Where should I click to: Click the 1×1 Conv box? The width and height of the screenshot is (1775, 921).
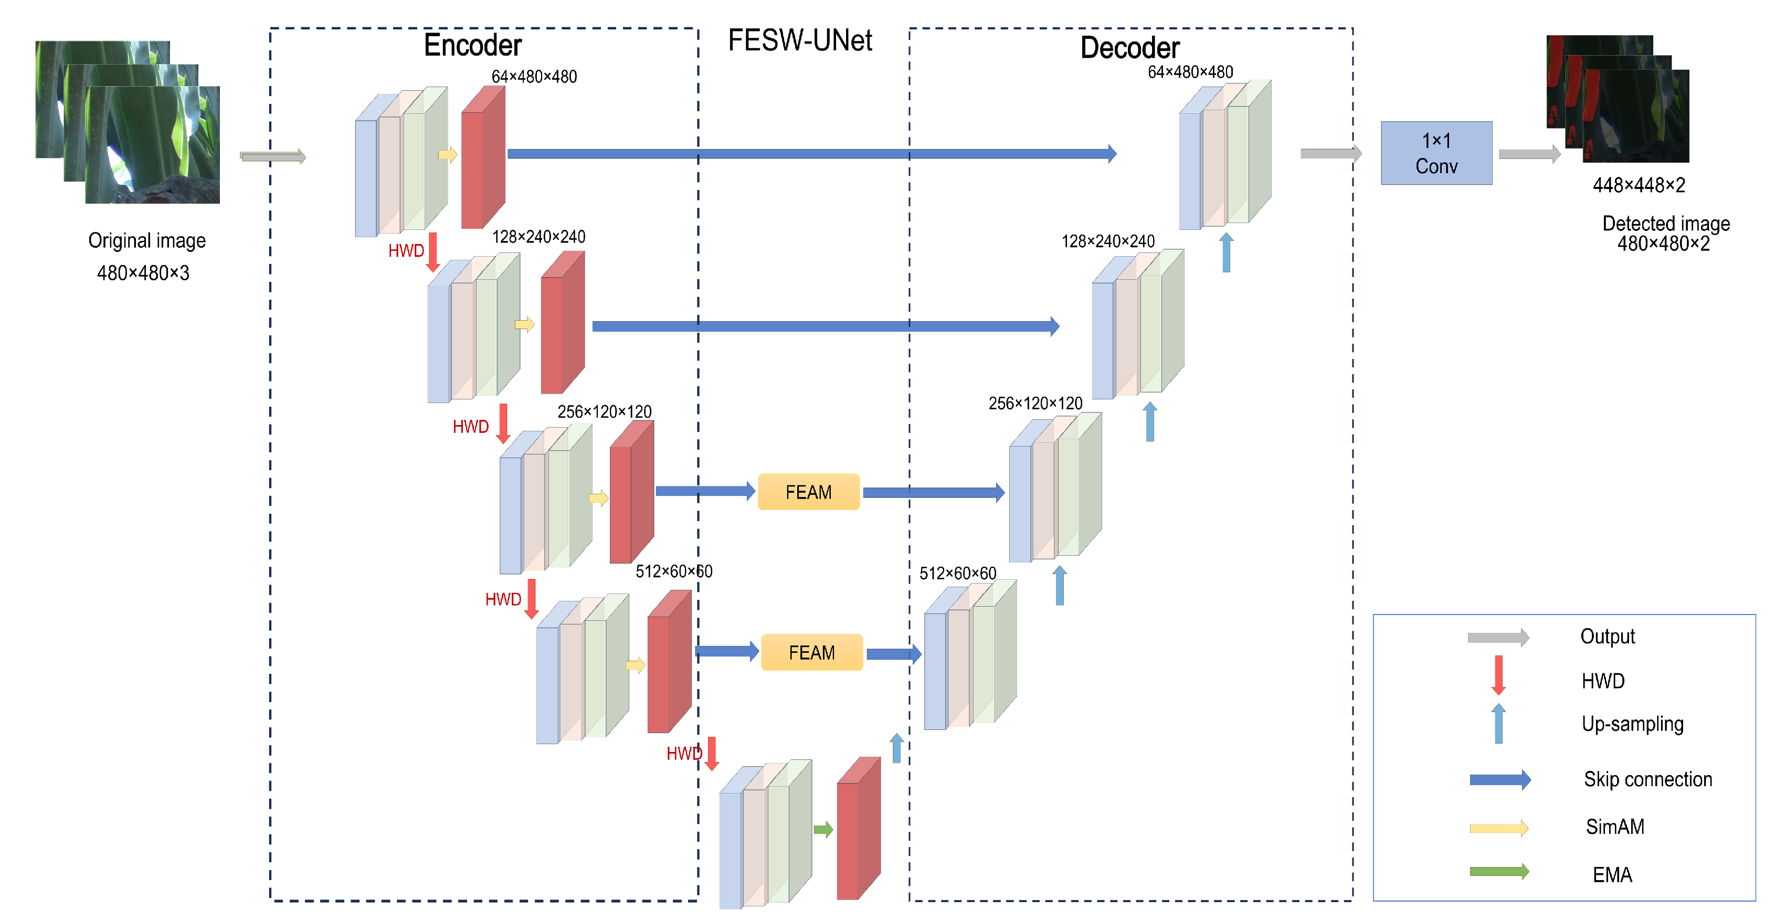click(1436, 153)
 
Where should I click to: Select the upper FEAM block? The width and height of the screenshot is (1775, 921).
click(808, 492)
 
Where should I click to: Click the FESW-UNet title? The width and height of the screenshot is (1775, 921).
click(799, 40)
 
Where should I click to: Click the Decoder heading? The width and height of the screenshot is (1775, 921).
click(1129, 48)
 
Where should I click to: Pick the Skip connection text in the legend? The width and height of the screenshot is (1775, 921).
click(1647, 779)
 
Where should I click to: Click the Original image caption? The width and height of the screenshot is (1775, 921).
click(147, 240)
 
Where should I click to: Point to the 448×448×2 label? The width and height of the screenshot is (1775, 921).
click(1639, 185)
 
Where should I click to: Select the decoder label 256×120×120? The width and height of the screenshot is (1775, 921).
click(1035, 403)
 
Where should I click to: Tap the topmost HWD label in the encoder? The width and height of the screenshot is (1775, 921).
click(406, 251)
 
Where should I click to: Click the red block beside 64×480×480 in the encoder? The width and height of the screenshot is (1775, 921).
click(482, 158)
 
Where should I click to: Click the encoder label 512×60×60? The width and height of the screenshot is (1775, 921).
click(673, 571)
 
